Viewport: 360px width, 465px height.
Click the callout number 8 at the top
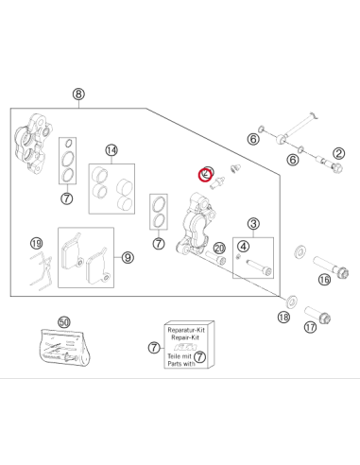[78, 94]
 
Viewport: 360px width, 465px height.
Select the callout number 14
[111, 150]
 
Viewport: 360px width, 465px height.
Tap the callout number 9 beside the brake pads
[128, 258]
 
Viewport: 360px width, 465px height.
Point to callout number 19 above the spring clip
[36, 243]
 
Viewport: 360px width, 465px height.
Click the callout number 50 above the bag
[64, 322]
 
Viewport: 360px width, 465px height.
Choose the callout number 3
[253, 224]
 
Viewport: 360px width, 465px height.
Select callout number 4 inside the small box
[243, 247]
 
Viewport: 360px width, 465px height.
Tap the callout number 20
[219, 249]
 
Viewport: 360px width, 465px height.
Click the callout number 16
[324, 280]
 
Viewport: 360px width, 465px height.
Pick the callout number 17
[310, 327]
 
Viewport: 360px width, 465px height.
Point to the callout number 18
[283, 317]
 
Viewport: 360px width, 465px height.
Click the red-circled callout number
[206, 174]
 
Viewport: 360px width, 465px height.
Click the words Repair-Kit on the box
[185, 337]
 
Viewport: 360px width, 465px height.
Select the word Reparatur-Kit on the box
[186, 330]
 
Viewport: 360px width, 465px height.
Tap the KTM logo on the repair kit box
[185, 347]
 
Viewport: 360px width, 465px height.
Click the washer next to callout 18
[291, 301]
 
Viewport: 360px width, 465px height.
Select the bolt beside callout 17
[317, 315]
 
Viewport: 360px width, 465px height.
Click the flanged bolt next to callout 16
[331, 267]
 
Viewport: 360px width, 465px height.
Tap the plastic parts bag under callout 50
[65, 348]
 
